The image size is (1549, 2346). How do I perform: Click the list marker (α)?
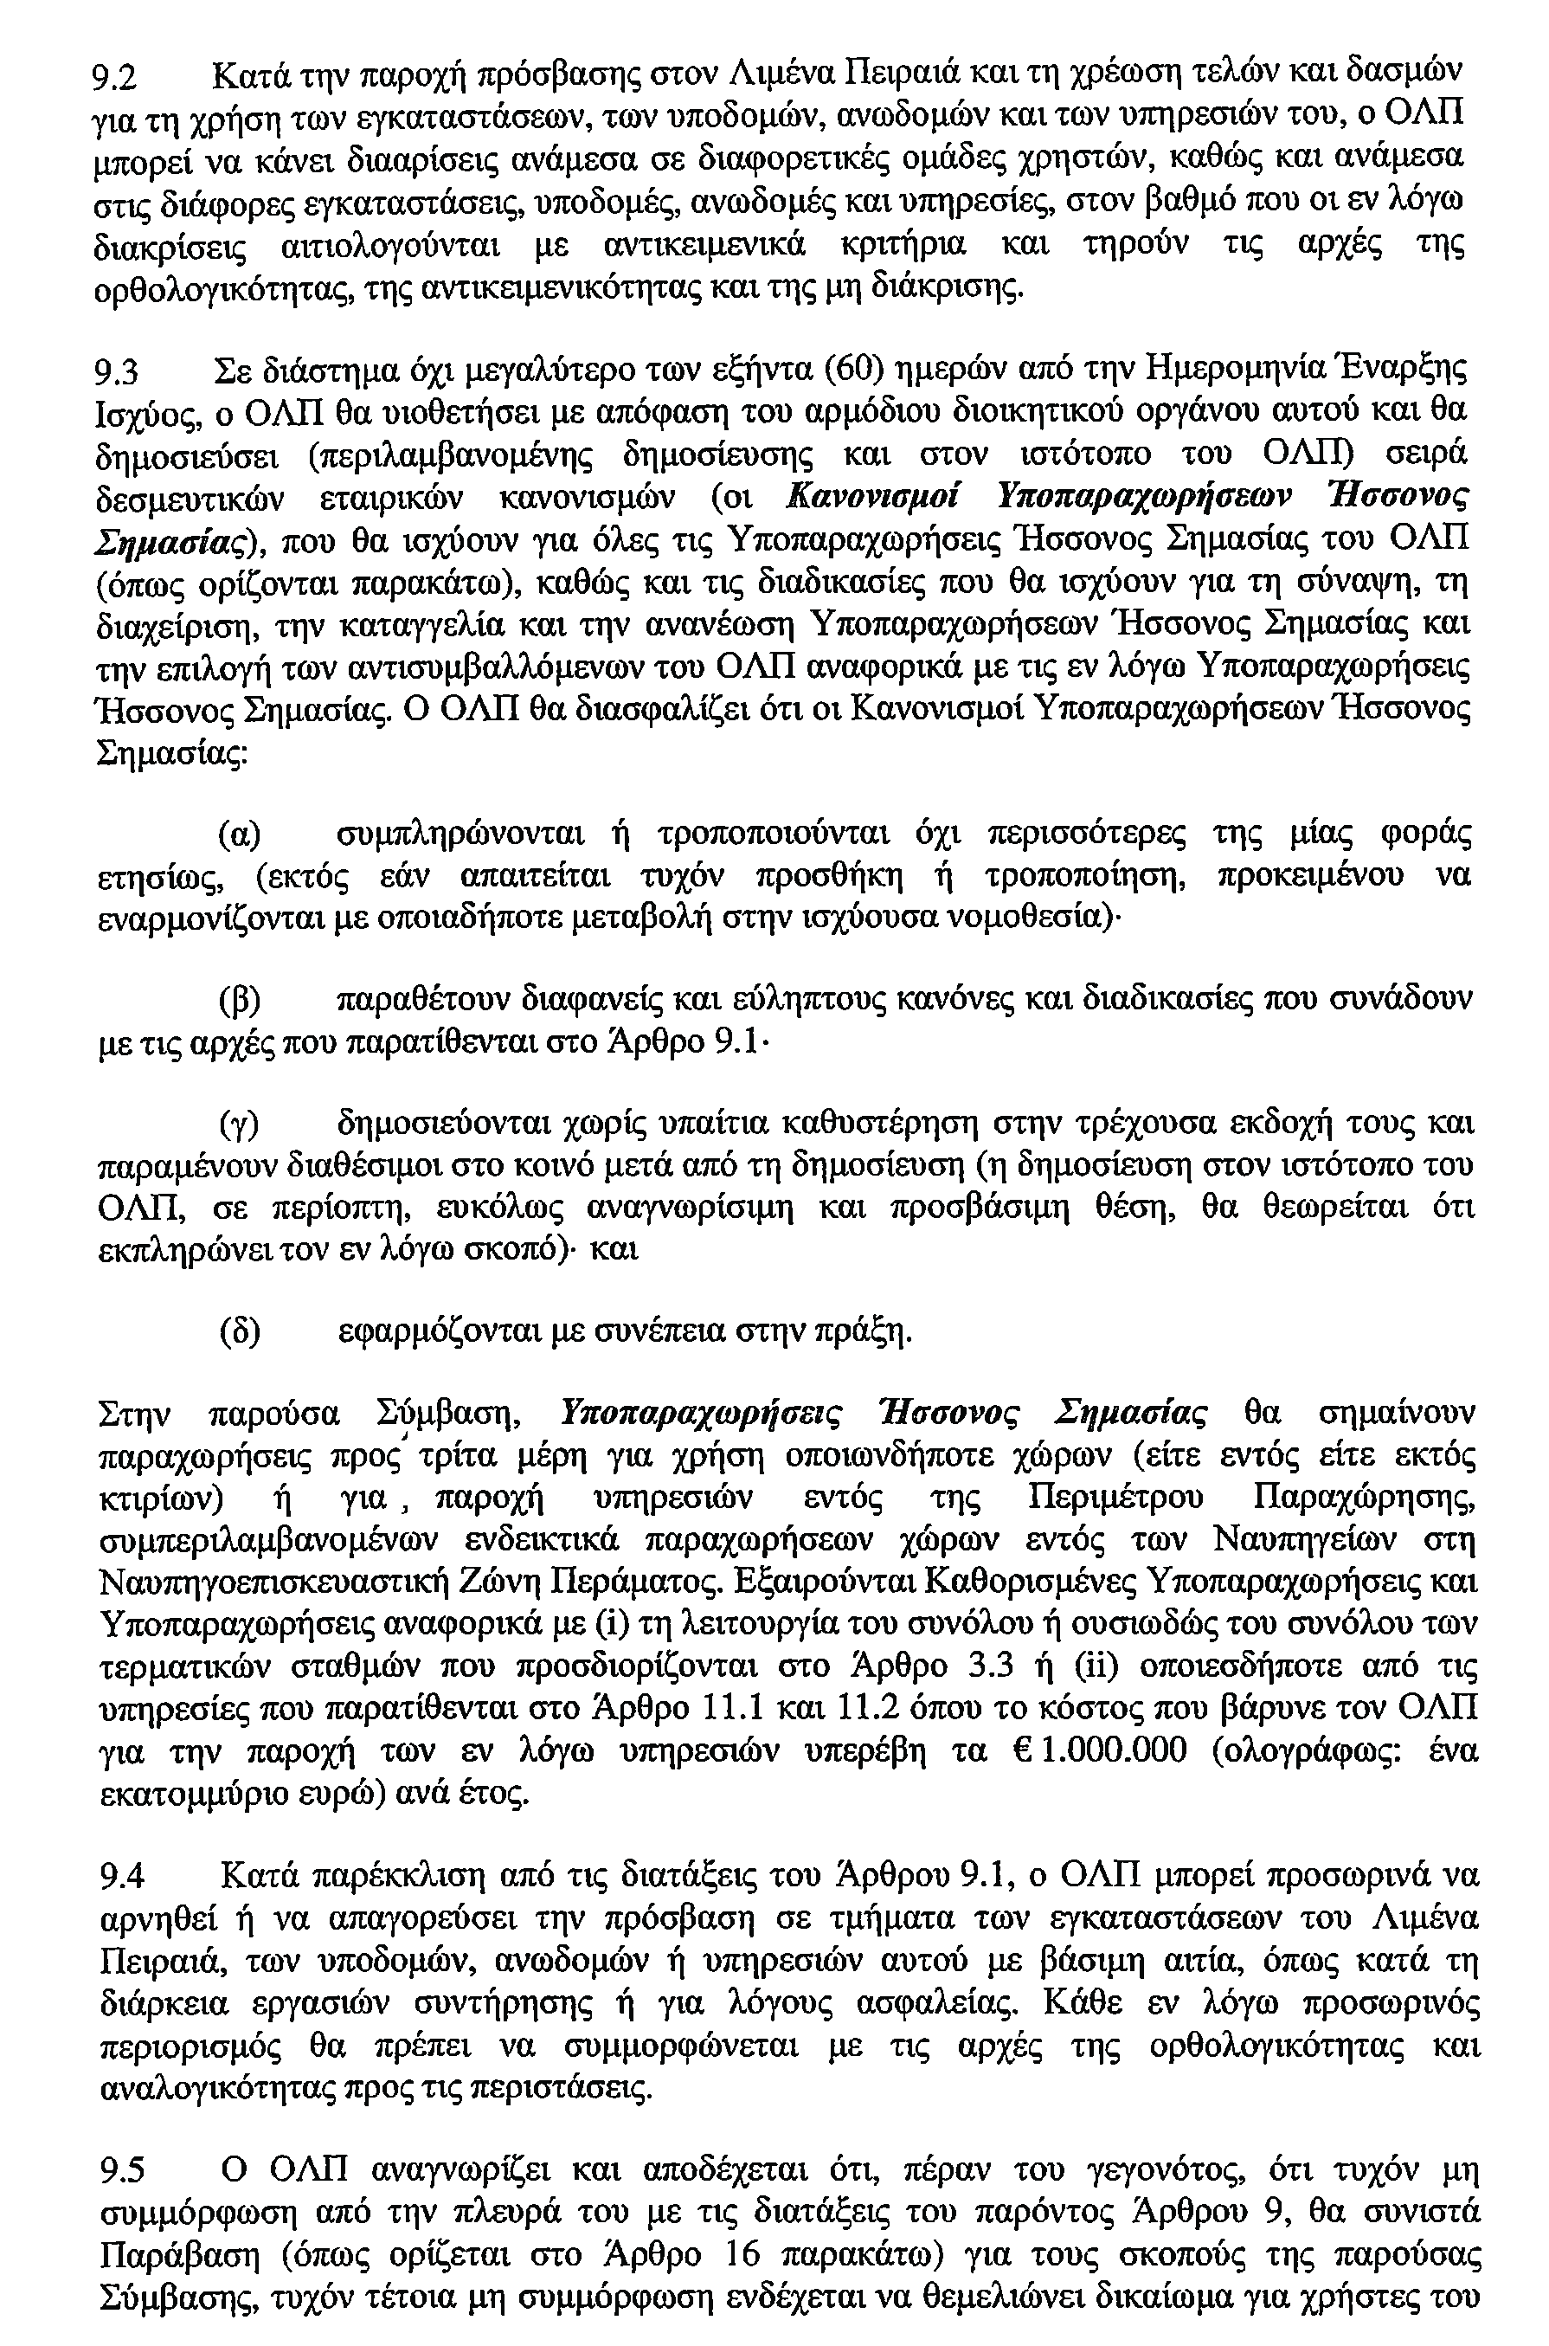click(x=239, y=836)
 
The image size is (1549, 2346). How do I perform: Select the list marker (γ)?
click(x=239, y=1125)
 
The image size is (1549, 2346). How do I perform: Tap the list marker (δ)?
click(x=239, y=1334)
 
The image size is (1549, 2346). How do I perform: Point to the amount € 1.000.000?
click(x=1101, y=1750)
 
